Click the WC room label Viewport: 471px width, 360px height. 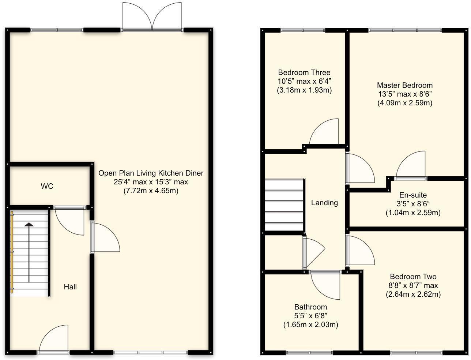(47, 186)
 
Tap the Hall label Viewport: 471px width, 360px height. (70, 287)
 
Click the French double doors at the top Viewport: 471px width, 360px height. (152, 16)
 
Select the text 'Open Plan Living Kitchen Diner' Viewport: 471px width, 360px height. (151, 173)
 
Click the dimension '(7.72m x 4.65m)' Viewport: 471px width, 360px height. (151, 191)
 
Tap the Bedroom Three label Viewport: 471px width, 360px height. (304, 72)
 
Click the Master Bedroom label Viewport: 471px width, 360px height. (404, 85)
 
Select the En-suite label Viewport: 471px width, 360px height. (413, 195)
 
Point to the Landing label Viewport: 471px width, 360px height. (324, 203)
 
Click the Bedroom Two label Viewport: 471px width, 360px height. (413, 277)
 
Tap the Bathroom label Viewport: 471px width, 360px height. (310, 307)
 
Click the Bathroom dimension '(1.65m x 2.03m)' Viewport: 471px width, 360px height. (310, 325)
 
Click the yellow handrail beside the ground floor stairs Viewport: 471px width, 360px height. (12, 252)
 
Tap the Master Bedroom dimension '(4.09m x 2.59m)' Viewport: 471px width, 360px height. (404, 103)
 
